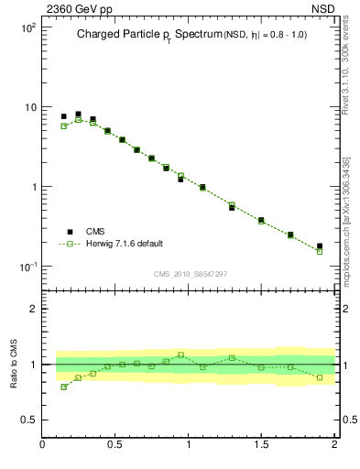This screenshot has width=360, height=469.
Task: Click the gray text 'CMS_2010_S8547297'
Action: [190, 274]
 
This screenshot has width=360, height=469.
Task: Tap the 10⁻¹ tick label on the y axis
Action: [26, 267]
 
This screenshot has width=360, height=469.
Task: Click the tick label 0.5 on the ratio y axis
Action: [27, 420]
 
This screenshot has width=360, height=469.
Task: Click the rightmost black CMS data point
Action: [320, 246]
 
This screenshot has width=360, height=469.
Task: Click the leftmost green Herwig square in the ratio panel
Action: [63, 387]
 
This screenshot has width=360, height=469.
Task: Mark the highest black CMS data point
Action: [78, 115]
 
